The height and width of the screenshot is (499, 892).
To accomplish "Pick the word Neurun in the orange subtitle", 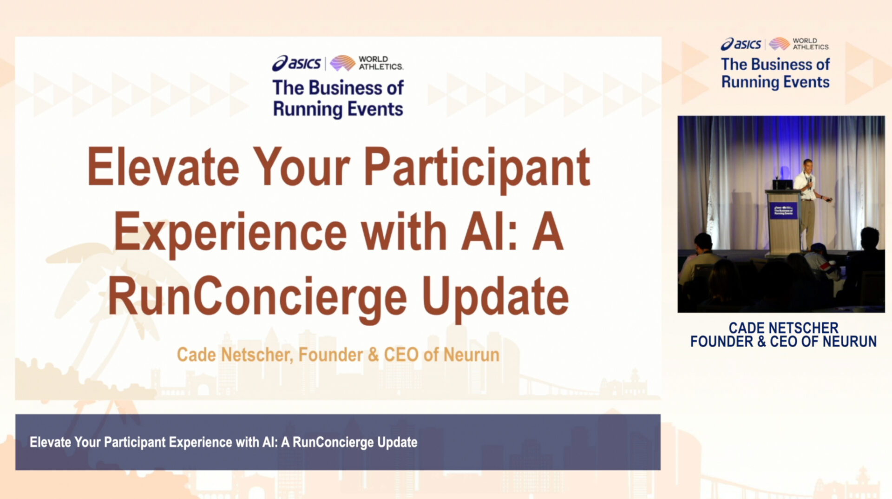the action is coord(471,355).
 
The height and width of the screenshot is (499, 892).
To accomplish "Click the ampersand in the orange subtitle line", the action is coord(373,355).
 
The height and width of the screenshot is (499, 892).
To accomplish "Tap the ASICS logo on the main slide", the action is coord(296,63).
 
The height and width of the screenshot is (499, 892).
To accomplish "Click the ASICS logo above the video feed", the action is coord(741,44).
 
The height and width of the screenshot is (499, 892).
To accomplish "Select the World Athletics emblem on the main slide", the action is coord(342,63).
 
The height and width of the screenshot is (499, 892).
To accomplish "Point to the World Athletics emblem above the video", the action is coord(779,44).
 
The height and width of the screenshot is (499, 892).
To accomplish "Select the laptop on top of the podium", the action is coord(782,184).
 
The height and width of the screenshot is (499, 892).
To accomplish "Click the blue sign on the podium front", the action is coord(783,210).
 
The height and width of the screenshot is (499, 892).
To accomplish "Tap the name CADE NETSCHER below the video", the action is coord(783,328).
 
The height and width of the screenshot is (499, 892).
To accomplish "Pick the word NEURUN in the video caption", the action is coord(850,341).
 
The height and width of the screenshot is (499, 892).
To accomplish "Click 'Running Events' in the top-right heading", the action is coord(775,82).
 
